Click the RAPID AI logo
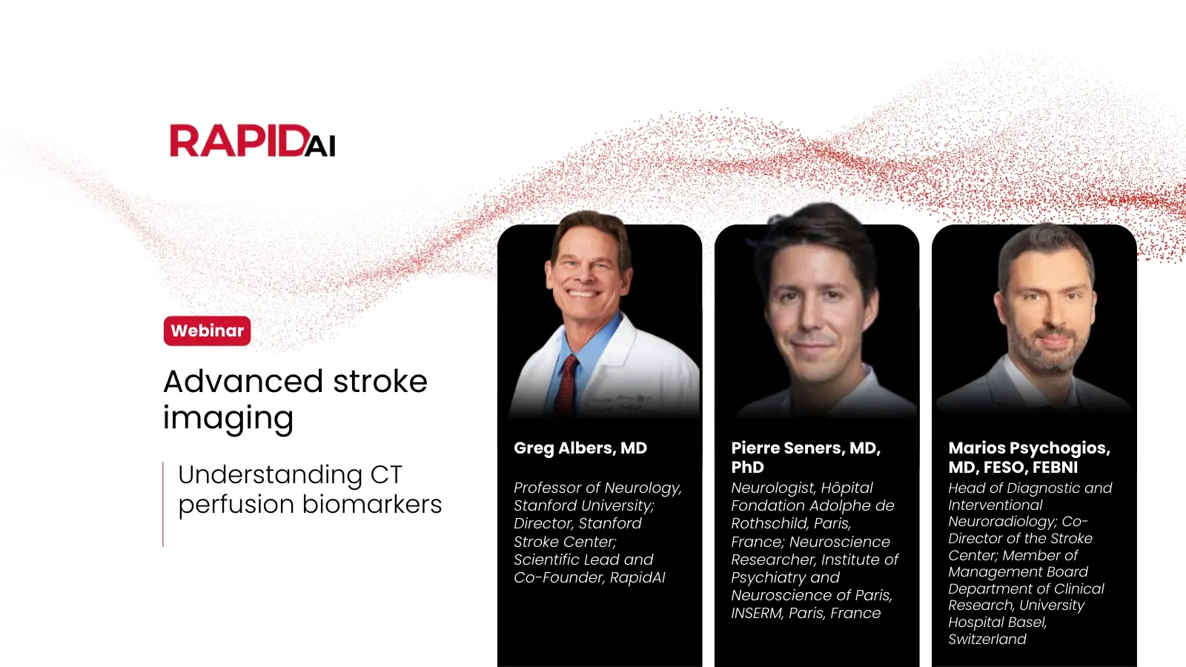point(252,141)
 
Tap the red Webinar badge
point(207,331)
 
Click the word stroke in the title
point(380,382)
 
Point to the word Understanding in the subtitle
point(270,474)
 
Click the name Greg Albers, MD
point(580,448)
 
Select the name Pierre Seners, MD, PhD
point(805,457)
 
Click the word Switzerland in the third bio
point(987,639)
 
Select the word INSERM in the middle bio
point(757,613)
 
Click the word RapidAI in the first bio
point(637,577)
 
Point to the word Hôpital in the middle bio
point(844,488)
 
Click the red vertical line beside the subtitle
point(163,504)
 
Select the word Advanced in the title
point(243,382)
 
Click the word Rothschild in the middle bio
point(769,523)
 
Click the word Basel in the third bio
point(1028,623)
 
